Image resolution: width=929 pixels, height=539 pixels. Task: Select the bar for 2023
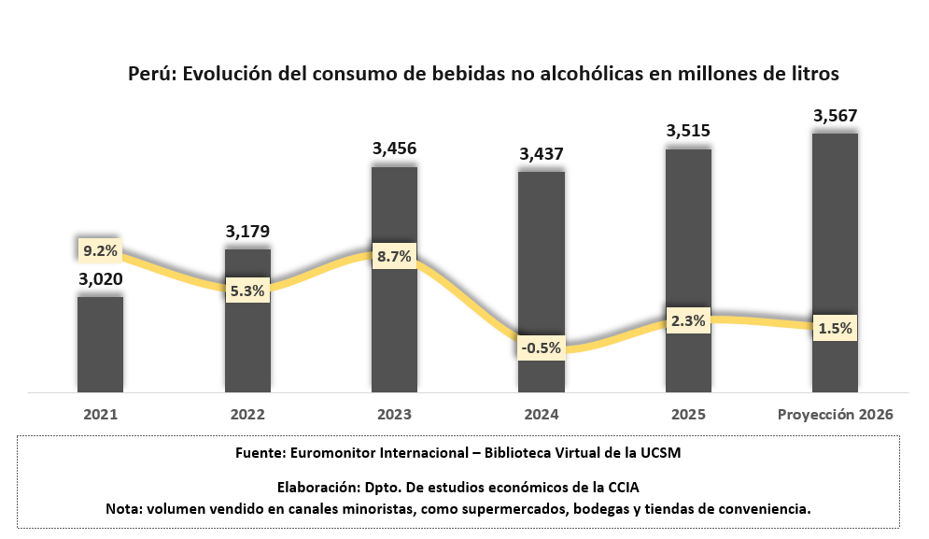coord(394,318)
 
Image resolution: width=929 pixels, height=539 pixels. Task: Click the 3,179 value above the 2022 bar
coord(247,231)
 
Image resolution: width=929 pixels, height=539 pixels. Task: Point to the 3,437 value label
coord(541,153)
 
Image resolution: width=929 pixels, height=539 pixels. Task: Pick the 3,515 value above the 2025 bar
coord(688,132)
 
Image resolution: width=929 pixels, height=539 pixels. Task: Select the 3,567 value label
coord(835,116)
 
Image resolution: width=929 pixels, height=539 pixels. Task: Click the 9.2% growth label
coord(100,250)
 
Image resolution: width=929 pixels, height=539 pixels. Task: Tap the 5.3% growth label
coord(247,291)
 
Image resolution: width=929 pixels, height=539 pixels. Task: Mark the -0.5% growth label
coord(541,348)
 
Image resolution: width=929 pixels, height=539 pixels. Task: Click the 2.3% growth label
coord(688,320)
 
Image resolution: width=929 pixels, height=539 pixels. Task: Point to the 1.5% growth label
coord(835,329)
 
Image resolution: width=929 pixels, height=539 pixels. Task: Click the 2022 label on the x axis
coord(247,414)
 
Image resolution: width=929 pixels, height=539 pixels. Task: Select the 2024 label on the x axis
coord(541,414)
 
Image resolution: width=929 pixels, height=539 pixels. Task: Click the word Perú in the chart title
coord(151,74)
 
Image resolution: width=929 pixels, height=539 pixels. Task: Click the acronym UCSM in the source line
coord(661,453)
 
